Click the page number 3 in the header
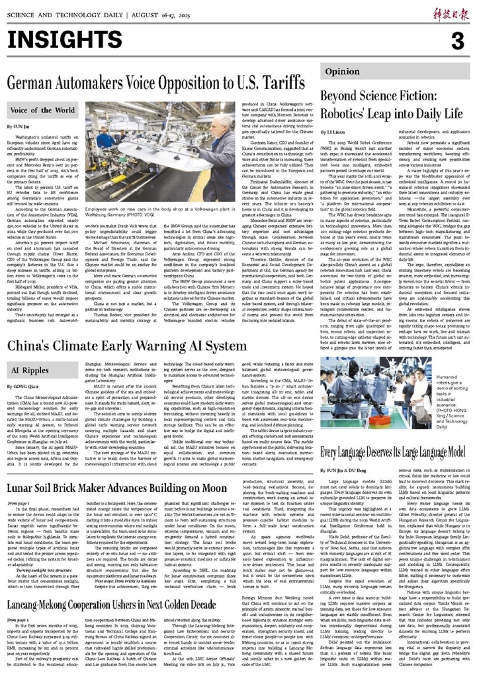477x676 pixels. (457, 41)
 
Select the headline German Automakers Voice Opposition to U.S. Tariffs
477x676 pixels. (156, 83)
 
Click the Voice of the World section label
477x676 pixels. (42, 110)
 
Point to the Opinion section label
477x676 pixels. (342, 72)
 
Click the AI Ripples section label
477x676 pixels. (30, 370)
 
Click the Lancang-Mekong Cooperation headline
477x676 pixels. (112, 605)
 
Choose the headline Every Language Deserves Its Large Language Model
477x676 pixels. (393, 452)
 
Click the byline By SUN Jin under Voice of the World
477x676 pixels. (18, 127)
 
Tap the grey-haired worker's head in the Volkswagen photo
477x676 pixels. (219, 123)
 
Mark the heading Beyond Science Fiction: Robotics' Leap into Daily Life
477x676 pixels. (391, 105)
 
